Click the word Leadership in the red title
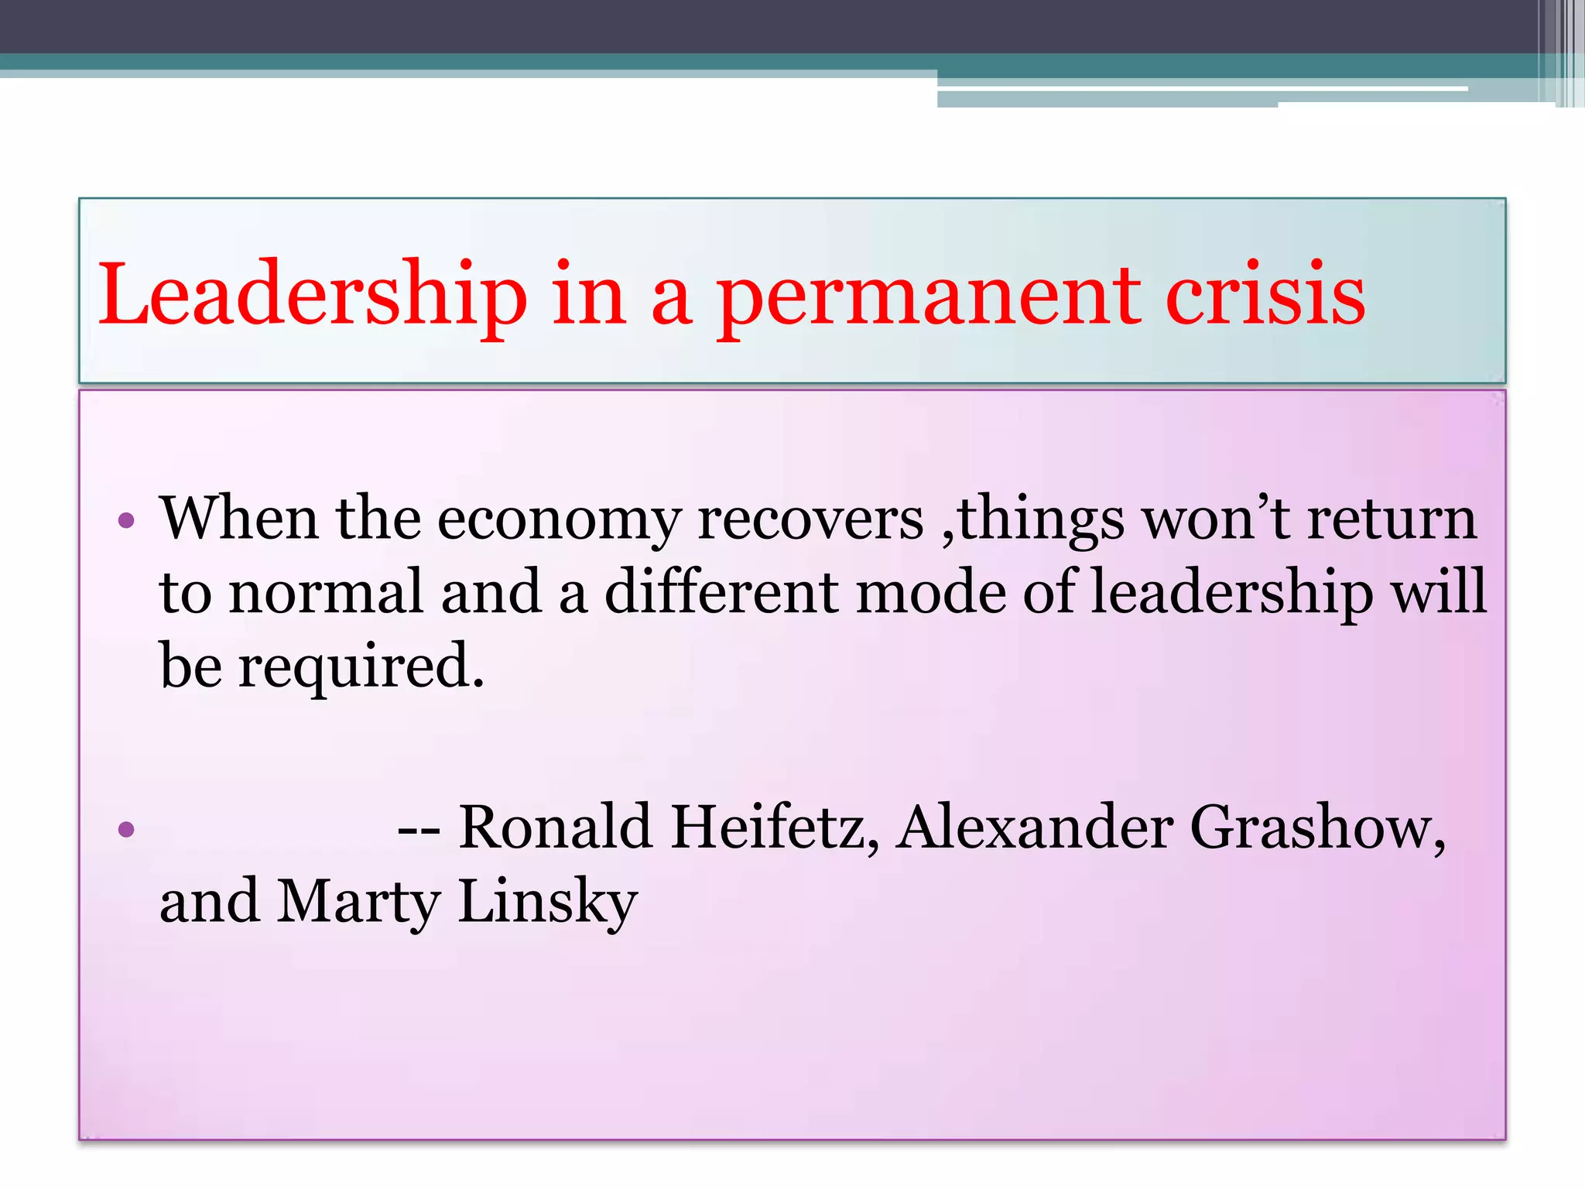[x=312, y=296]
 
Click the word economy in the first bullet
[x=558, y=520]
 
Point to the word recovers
[x=810, y=519]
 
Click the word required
[x=360, y=667]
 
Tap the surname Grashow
[x=1316, y=828]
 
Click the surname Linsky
[x=547, y=902]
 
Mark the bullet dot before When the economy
[x=127, y=520]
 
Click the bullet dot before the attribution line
[x=127, y=831]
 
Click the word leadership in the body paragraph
[x=1231, y=593]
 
